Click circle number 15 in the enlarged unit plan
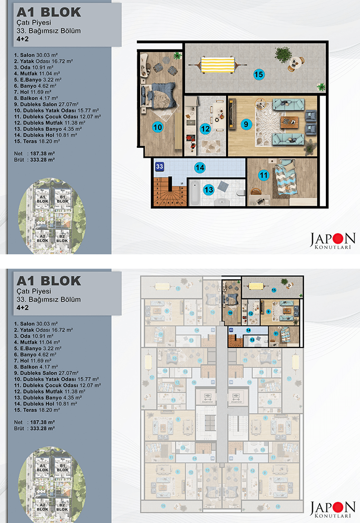tap(259, 74)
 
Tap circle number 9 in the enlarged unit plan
tap(246, 124)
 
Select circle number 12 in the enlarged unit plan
tap(205, 129)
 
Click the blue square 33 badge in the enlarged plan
tap(160, 166)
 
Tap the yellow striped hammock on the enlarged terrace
tap(216, 64)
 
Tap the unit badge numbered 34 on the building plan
tap(231, 382)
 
